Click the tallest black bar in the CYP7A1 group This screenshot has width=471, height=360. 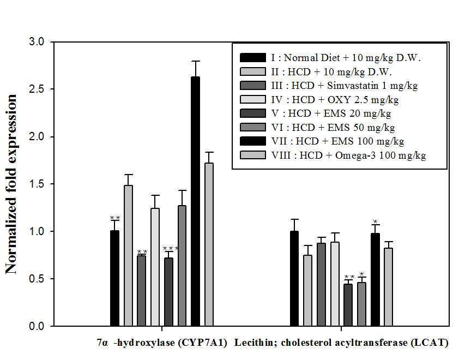196,201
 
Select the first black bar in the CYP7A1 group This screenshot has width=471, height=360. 114,278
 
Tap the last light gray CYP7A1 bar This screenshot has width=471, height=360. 209,244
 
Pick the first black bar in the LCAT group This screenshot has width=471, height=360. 294,279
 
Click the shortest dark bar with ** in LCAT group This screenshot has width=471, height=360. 348,305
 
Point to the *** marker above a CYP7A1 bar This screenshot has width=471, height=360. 170,249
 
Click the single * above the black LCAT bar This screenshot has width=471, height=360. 375,222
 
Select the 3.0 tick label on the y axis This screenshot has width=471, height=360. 37,42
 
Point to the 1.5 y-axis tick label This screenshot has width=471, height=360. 37,184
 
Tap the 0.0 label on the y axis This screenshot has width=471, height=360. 37,326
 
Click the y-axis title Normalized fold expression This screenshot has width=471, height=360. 11,184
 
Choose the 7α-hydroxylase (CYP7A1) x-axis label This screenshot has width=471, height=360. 162,343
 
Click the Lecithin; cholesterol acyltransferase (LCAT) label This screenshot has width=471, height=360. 341,343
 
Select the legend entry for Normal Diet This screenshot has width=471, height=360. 330,57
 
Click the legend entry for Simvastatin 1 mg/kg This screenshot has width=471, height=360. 329,86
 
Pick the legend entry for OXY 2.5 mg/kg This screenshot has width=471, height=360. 319,99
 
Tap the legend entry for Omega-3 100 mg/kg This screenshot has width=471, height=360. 333,155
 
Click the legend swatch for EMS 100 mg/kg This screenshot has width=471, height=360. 253,141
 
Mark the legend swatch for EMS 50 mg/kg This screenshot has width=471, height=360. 253,127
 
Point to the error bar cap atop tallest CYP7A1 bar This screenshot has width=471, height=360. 196,61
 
